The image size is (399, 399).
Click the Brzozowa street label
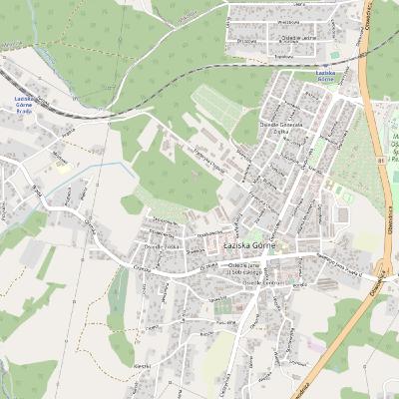(248, 41)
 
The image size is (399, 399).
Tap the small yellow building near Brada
(63, 168)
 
